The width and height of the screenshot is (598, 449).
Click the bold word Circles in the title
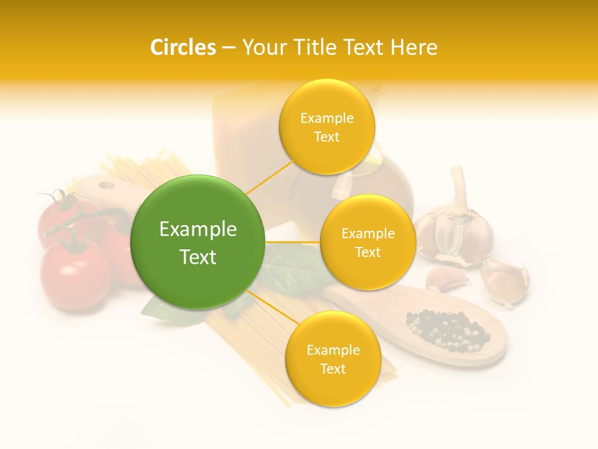[183, 47]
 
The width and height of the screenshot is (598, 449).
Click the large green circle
[197, 242]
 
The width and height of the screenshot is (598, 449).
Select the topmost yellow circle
[326, 127]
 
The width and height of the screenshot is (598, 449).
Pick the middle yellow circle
[368, 243]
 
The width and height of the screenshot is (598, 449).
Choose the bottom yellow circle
[333, 359]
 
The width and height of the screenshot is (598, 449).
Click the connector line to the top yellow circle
[270, 178]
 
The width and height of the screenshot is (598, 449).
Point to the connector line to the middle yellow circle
[293, 242]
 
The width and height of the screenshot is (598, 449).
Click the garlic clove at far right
[506, 280]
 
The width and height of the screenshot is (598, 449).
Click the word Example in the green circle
[197, 229]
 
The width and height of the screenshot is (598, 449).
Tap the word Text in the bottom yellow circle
[333, 369]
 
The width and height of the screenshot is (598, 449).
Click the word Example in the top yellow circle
[326, 118]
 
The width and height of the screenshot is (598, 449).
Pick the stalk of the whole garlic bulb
[459, 184]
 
